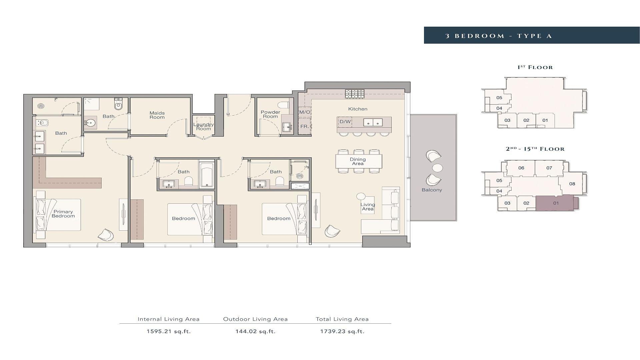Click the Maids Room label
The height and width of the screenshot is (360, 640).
pyautogui.click(x=157, y=115)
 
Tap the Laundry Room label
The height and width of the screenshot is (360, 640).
pyautogui.click(x=204, y=127)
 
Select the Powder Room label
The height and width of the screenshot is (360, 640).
pyautogui.click(x=270, y=114)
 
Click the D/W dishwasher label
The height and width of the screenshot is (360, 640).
pyautogui.click(x=345, y=122)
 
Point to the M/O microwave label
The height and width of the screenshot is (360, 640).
pyautogui.click(x=305, y=112)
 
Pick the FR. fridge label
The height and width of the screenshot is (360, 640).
pyautogui.click(x=305, y=127)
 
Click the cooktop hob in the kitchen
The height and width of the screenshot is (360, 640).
pyautogui.click(x=355, y=94)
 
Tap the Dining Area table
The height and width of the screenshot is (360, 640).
pyautogui.click(x=359, y=161)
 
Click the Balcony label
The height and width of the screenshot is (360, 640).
pyautogui.click(x=432, y=190)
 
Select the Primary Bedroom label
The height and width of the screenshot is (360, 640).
pyautogui.click(x=63, y=214)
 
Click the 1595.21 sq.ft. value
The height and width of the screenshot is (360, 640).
pyautogui.click(x=169, y=331)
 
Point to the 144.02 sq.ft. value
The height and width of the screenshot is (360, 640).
pyautogui.click(x=256, y=331)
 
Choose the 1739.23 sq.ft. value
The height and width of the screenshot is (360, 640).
pyautogui.click(x=342, y=331)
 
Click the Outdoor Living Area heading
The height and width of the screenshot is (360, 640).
pyautogui.click(x=255, y=319)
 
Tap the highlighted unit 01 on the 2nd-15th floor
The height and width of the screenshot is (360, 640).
pyautogui.click(x=556, y=203)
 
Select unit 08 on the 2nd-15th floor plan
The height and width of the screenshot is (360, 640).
pyautogui.click(x=572, y=184)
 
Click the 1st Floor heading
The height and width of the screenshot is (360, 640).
pyautogui.click(x=535, y=67)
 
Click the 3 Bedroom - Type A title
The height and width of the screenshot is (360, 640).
pyautogui.click(x=499, y=36)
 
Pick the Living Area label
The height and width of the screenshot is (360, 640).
pyautogui.click(x=368, y=207)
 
